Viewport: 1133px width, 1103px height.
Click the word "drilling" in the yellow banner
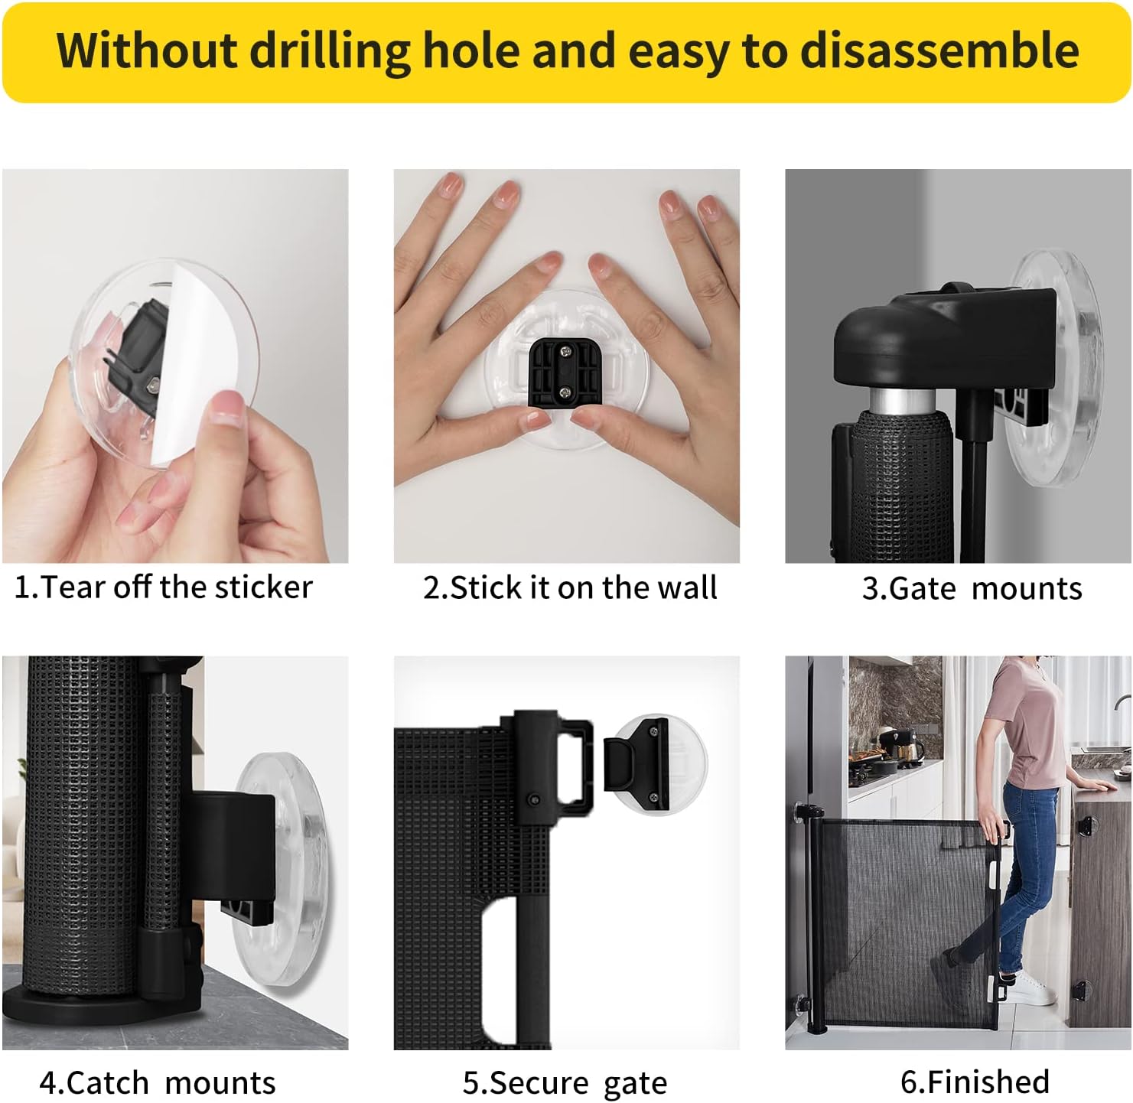[x=330, y=50]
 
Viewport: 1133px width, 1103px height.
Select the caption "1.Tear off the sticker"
[x=164, y=587]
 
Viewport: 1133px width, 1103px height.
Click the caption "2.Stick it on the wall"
[x=570, y=587]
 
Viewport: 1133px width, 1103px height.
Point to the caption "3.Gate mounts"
[x=972, y=589]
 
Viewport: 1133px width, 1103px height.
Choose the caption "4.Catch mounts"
[x=158, y=1083]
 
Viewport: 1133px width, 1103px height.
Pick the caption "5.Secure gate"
[x=565, y=1083]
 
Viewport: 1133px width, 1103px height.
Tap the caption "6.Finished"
[x=975, y=1082]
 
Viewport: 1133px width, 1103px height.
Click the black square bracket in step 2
[x=564, y=373]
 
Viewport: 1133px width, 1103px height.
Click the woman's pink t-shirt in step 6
[x=1025, y=719]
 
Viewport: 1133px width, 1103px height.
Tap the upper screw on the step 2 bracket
[x=565, y=351]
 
